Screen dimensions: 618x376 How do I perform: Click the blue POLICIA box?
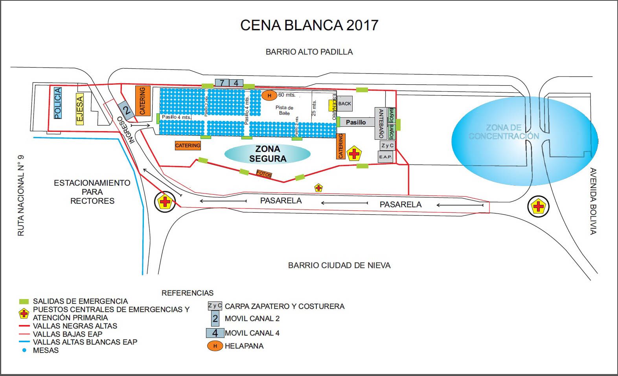[58, 103]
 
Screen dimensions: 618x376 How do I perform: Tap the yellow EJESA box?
[80, 110]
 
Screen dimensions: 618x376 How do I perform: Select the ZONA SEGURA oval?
[267, 154]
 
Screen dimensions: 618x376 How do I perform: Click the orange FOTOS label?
[264, 173]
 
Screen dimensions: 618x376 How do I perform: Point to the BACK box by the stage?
[345, 104]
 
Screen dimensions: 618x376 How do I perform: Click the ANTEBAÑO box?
[380, 123]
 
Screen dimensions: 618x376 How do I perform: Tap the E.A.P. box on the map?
[385, 157]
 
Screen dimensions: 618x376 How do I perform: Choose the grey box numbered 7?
[222, 83]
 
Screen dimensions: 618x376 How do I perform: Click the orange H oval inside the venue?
[269, 95]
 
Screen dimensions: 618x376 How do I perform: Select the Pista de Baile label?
[284, 110]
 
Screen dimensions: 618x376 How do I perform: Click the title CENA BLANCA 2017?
[309, 25]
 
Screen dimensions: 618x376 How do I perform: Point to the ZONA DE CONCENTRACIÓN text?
[504, 132]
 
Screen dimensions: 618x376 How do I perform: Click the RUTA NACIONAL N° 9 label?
[21, 195]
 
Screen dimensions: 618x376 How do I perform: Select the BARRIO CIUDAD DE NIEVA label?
[339, 265]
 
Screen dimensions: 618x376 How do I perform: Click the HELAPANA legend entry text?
[244, 346]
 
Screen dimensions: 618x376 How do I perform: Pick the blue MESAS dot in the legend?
[24, 350]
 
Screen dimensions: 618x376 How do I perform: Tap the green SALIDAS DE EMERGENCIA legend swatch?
[24, 301]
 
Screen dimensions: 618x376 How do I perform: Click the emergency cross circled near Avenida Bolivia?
[538, 206]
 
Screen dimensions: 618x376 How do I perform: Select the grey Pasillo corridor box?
[356, 122]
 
